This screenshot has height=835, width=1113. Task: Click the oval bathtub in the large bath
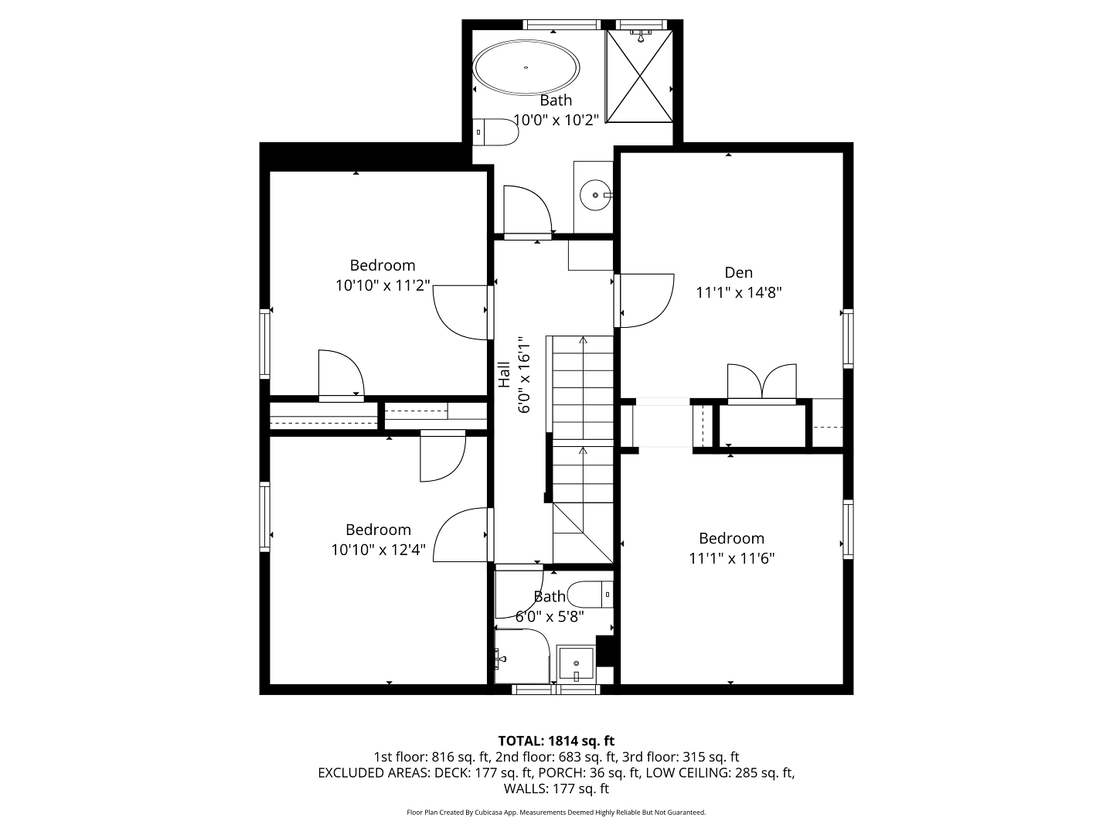(x=526, y=67)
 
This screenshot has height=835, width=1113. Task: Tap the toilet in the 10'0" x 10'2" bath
(x=495, y=132)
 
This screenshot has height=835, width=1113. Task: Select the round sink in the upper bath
(x=596, y=195)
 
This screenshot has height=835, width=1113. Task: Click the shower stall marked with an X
(x=639, y=76)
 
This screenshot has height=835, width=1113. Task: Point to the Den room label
(x=738, y=273)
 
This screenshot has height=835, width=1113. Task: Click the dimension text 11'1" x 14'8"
(x=738, y=292)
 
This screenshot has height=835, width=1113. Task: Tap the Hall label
(x=503, y=374)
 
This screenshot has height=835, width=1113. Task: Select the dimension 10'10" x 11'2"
(x=383, y=285)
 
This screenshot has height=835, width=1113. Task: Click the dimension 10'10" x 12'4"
(x=378, y=550)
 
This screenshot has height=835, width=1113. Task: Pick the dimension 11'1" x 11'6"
(x=731, y=558)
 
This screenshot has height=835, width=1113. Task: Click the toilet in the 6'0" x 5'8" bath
(x=591, y=595)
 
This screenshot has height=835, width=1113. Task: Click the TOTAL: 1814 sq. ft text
(x=556, y=741)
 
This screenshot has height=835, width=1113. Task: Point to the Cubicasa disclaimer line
(x=556, y=812)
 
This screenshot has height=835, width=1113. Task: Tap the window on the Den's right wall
(x=848, y=338)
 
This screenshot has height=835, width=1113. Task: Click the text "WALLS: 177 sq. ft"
(x=556, y=789)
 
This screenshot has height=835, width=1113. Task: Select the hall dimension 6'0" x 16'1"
(x=524, y=374)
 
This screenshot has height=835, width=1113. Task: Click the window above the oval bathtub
(x=561, y=24)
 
